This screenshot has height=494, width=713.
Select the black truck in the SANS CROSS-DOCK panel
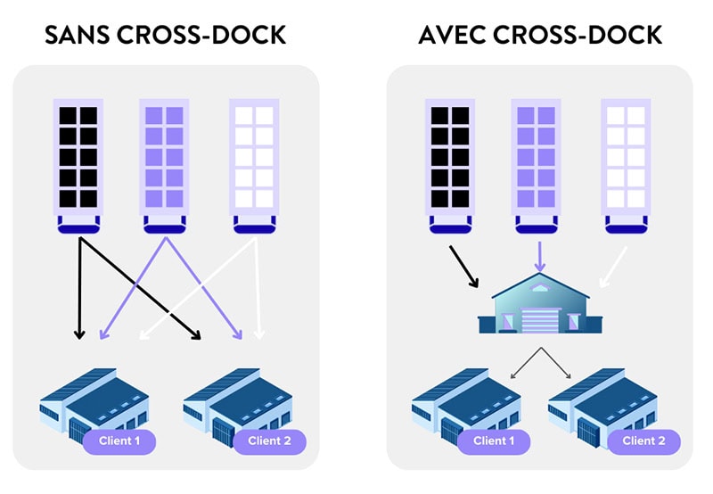[x=78, y=165]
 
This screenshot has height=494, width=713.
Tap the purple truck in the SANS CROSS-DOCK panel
[x=164, y=165]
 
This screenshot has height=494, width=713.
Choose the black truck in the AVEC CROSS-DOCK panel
[x=450, y=165]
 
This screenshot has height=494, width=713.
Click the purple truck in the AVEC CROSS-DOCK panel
[x=537, y=165]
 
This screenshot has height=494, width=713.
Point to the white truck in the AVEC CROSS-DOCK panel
[x=627, y=165]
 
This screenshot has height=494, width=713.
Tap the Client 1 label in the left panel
[x=119, y=440]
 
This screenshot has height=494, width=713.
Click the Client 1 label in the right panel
[x=493, y=440]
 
